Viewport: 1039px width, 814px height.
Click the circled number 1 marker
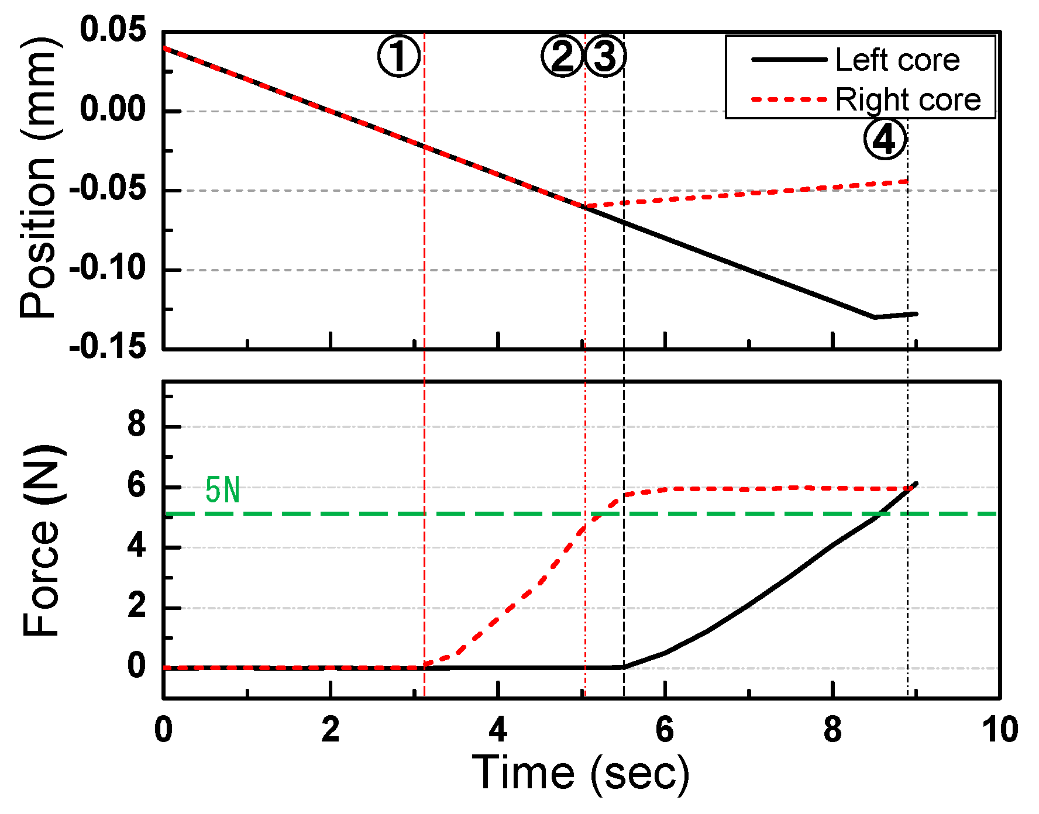[x=399, y=57]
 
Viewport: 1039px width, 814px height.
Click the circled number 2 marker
[x=562, y=57]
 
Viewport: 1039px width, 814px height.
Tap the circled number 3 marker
[x=605, y=57]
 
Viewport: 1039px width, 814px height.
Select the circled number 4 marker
[x=885, y=139]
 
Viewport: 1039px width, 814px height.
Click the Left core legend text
[x=897, y=60]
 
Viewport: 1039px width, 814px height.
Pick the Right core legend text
[x=907, y=99]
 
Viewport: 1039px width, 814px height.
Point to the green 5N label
[x=222, y=490]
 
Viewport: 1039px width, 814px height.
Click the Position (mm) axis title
[x=39, y=178]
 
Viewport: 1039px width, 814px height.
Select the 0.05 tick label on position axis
[x=113, y=30]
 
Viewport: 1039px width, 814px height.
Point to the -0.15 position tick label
[x=108, y=347]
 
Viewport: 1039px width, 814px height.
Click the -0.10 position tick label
[x=108, y=269]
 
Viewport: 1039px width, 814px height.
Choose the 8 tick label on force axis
[x=136, y=425]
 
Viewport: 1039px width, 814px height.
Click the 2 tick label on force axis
[x=136, y=606]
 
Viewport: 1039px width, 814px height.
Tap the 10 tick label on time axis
[x=999, y=730]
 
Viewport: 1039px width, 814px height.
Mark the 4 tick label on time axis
[x=498, y=730]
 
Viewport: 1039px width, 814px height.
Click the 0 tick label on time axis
[x=163, y=730]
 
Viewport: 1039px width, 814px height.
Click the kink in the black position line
[x=874, y=317]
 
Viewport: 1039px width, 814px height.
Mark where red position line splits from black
[x=585, y=207]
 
